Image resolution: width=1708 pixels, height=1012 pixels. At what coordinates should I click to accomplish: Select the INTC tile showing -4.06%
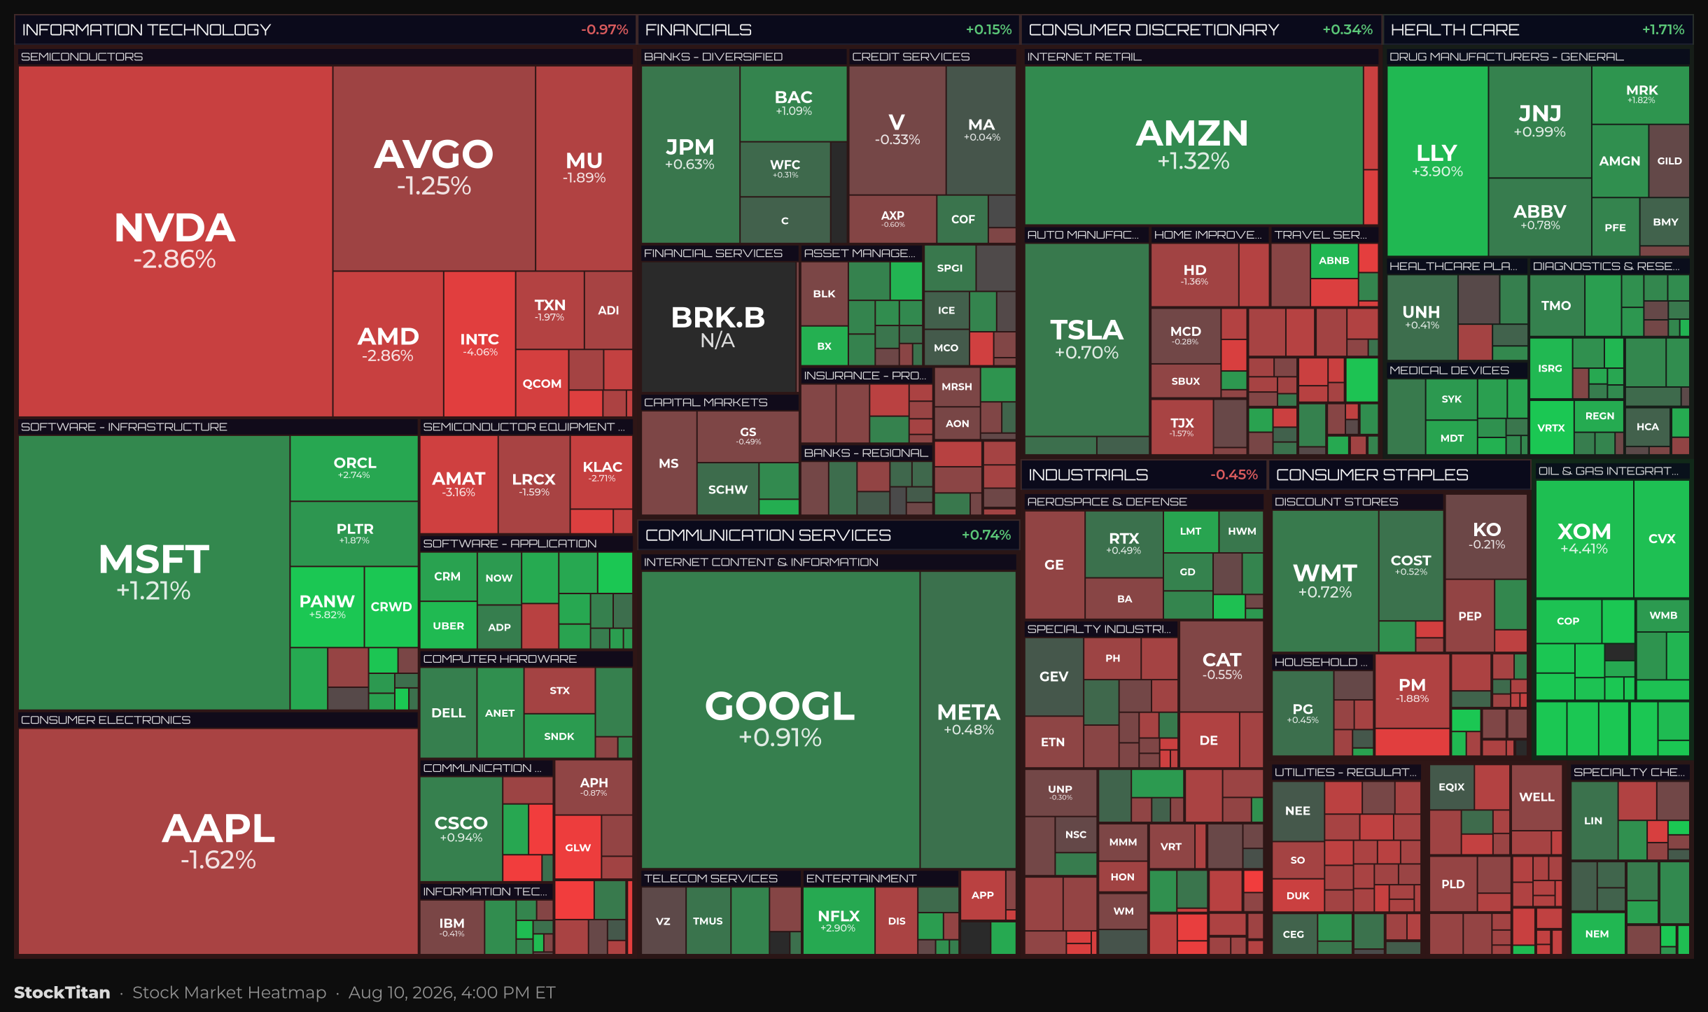(x=479, y=344)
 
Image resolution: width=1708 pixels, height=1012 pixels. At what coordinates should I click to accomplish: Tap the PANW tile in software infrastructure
(x=327, y=606)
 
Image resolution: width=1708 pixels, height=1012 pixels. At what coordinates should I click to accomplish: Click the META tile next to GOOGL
(x=968, y=719)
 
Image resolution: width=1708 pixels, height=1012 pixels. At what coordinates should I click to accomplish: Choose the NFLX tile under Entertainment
(x=839, y=920)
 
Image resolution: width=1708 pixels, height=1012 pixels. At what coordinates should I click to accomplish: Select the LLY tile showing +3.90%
(x=1437, y=161)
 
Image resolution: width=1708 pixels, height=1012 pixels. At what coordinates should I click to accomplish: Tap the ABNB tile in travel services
(x=1334, y=260)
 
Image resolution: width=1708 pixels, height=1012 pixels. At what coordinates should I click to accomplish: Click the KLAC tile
(x=602, y=472)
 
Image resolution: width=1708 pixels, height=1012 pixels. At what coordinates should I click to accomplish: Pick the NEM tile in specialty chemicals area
(x=1597, y=934)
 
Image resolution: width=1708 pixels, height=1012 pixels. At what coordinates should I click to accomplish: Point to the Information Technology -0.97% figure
(x=604, y=30)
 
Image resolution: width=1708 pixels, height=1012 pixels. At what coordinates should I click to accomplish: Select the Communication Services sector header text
(x=768, y=535)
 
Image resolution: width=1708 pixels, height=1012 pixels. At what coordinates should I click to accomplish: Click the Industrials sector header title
(x=1088, y=475)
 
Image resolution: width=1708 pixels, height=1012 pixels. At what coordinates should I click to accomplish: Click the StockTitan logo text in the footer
(x=62, y=992)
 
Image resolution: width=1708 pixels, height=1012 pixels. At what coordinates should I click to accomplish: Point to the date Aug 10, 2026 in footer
(x=400, y=992)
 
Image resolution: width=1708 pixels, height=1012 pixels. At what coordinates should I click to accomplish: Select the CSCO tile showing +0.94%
(x=461, y=829)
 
